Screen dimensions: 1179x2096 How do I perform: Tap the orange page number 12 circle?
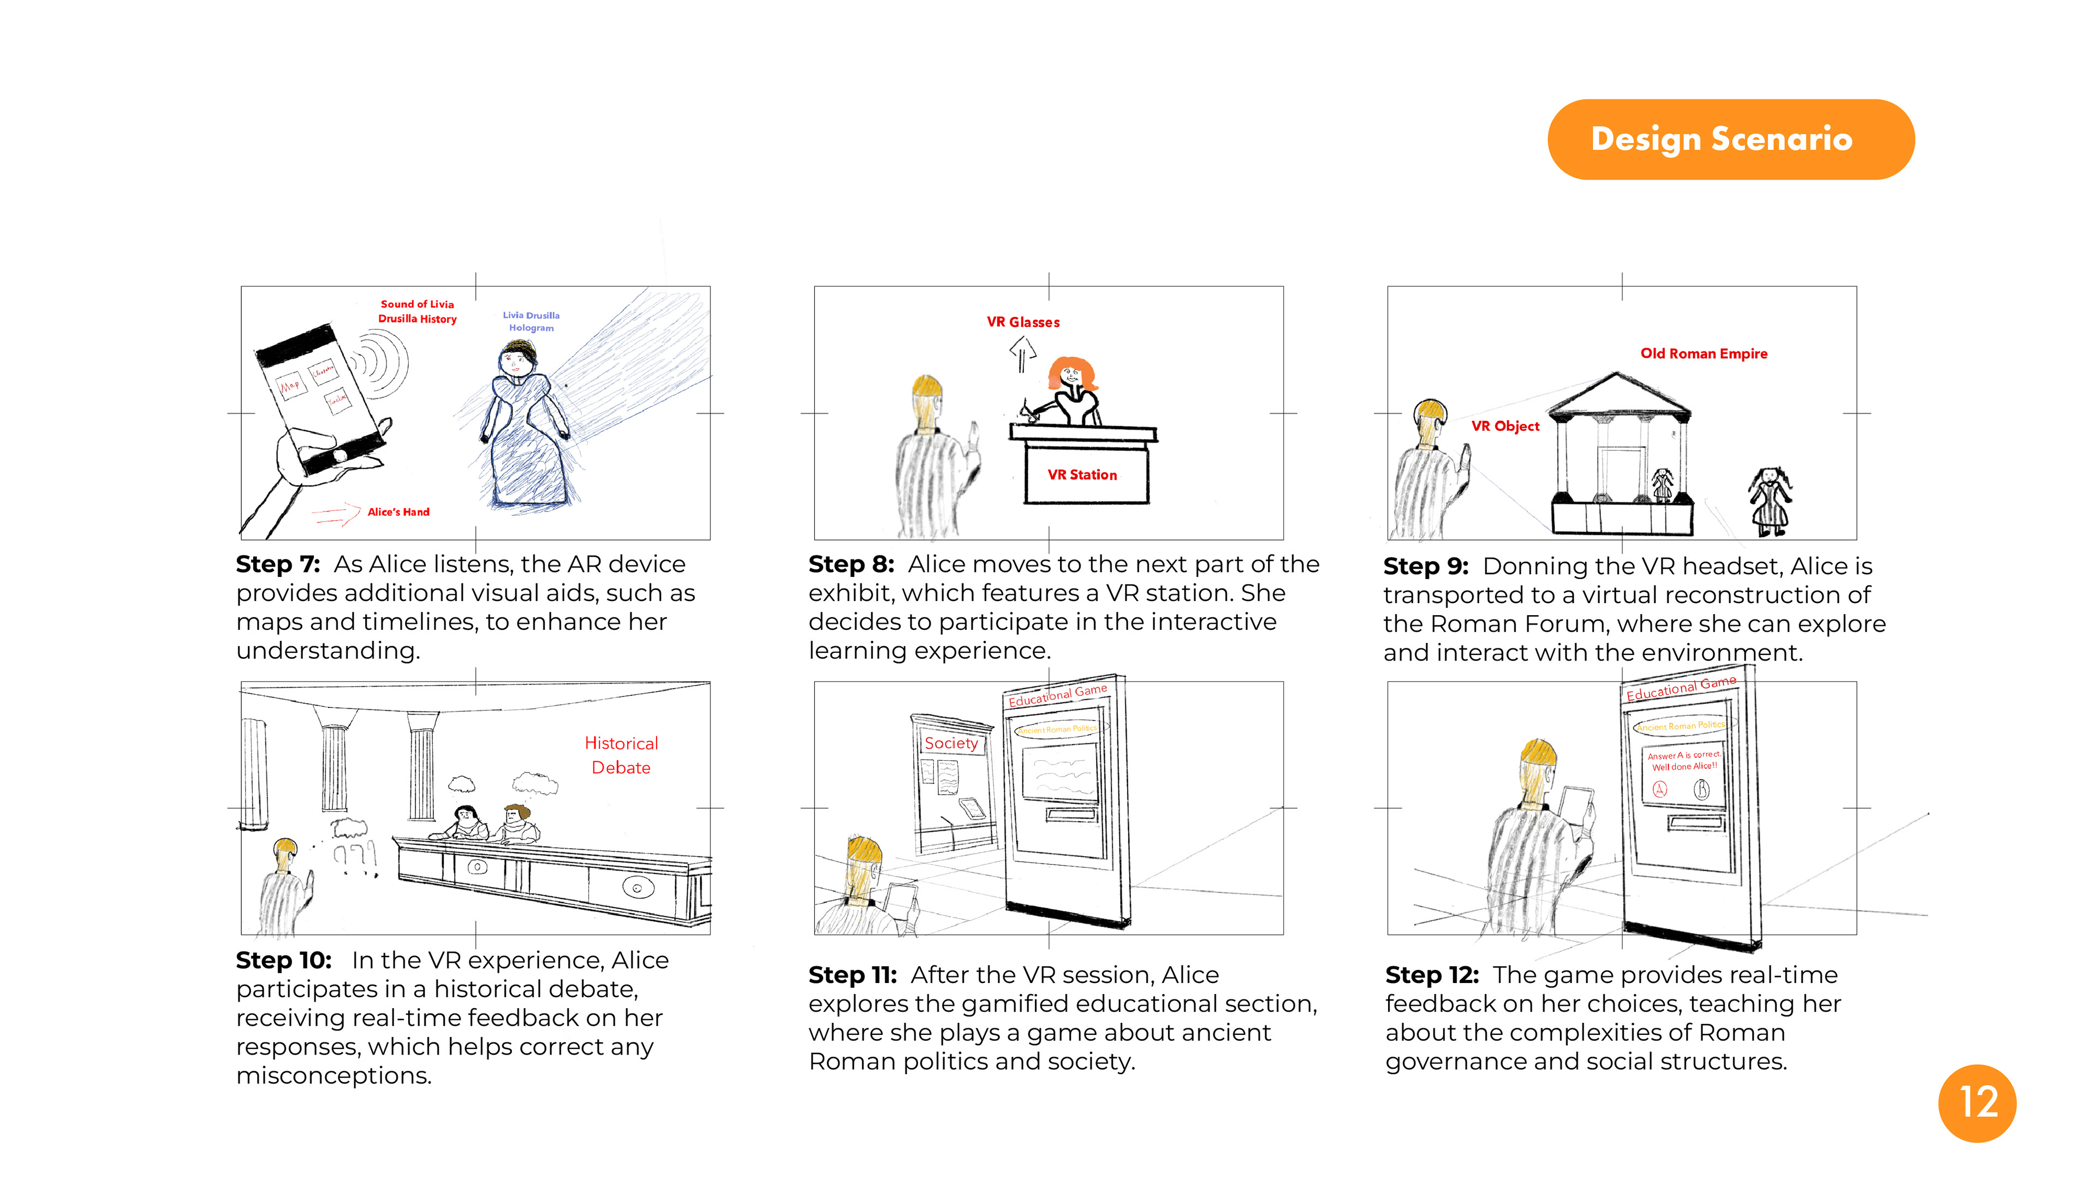(1976, 1103)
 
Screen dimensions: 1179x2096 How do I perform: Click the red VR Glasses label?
(1023, 322)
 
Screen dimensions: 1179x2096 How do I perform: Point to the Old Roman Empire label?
(1703, 353)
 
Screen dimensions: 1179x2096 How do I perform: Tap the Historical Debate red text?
(621, 755)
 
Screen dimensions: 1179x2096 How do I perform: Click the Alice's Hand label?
(398, 512)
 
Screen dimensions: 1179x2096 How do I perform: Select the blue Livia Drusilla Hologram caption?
(531, 321)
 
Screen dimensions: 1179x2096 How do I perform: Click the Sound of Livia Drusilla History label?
(418, 311)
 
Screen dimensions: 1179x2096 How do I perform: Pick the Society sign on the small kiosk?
(950, 743)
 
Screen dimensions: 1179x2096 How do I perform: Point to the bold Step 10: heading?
(283, 960)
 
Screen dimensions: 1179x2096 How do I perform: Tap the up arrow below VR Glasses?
(1022, 354)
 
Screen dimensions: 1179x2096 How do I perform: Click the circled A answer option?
(1660, 788)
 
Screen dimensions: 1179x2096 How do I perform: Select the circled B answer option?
(1701, 788)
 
